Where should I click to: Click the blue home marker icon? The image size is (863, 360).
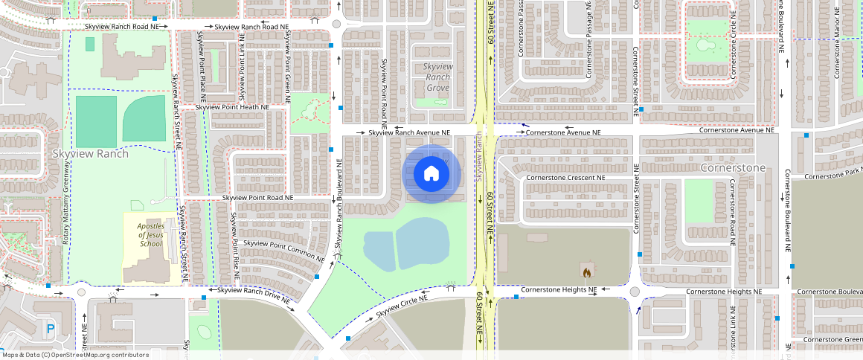point(431,174)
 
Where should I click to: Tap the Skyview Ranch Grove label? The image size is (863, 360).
point(437,77)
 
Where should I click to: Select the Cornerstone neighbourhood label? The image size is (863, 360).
point(733,168)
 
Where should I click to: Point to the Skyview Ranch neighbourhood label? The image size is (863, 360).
point(91,154)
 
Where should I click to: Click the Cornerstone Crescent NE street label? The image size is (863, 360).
point(565,179)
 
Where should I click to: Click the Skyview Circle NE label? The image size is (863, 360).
point(402,306)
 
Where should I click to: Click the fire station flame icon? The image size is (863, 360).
point(588,271)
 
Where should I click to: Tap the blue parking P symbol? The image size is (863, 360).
point(51,328)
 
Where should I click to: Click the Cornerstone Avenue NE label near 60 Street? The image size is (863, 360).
point(562,133)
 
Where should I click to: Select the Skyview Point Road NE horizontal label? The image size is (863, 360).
point(259,198)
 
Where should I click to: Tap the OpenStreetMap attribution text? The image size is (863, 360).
point(74,355)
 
